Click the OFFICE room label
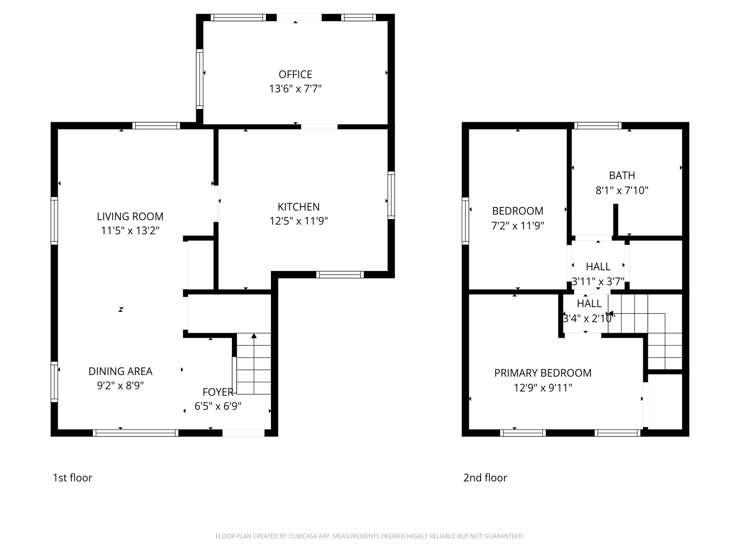[x=295, y=74]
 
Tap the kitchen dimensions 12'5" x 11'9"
[x=298, y=221]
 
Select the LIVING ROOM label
[x=130, y=216]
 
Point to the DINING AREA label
[x=120, y=371]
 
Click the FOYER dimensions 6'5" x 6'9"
[x=218, y=406]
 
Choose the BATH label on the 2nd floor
[x=622, y=176]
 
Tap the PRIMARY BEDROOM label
[x=543, y=373]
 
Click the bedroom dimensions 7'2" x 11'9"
[x=517, y=226]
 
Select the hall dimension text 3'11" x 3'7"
[x=598, y=281]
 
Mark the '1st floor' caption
[x=72, y=478]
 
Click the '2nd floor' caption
[x=485, y=478]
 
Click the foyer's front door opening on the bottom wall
[x=243, y=433]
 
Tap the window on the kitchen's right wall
[x=391, y=195]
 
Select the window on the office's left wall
[x=199, y=79]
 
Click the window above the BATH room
[x=598, y=126]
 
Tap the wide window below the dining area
[x=135, y=433]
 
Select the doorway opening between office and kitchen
[x=319, y=127]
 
